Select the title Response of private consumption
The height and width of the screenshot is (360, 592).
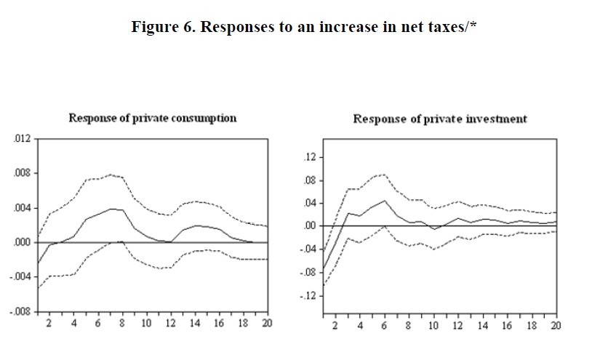[x=152, y=118]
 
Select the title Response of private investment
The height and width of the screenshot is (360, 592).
[x=440, y=119]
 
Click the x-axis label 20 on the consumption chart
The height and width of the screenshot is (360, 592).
[x=267, y=323]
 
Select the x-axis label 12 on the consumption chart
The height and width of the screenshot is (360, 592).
[x=170, y=323]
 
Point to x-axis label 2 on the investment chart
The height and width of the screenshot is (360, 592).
[x=335, y=325]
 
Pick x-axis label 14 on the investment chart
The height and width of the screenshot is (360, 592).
[x=483, y=325]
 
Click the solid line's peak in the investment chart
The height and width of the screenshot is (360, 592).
[x=384, y=201]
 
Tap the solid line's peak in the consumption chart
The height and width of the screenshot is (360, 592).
[x=111, y=209]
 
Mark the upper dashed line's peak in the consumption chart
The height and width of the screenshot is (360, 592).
[x=111, y=175]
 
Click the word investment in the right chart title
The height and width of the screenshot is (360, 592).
[x=497, y=119]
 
